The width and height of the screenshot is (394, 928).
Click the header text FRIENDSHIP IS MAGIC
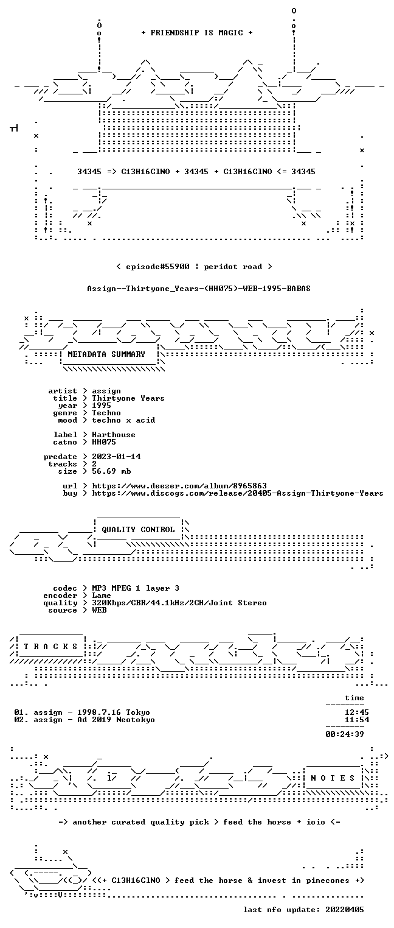pos(196,33)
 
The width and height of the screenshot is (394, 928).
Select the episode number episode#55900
pos(157,266)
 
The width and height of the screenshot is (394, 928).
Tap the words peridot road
pos(233,266)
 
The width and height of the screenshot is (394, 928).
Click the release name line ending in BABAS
pos(199,289)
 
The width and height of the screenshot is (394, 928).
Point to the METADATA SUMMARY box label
pos(106,354)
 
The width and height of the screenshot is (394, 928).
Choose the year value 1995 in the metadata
pos(102,406)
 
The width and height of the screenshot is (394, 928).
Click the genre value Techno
pos(106,413)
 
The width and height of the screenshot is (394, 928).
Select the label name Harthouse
pos(114,435)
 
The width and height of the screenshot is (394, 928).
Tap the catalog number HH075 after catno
pos(104,442)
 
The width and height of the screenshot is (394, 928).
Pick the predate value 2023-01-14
pos(116,457)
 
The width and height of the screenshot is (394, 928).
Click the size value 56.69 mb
pos(111,471)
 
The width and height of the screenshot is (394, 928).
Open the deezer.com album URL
pos(179,485)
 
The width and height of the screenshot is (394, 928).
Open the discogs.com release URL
pos(238,493)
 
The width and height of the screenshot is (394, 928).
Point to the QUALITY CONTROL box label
pos(138,529)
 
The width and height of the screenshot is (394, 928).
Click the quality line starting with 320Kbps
pos(179,603)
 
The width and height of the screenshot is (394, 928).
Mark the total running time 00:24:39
pos(345,734)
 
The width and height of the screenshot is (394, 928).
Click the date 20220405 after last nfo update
pos(345,909)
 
